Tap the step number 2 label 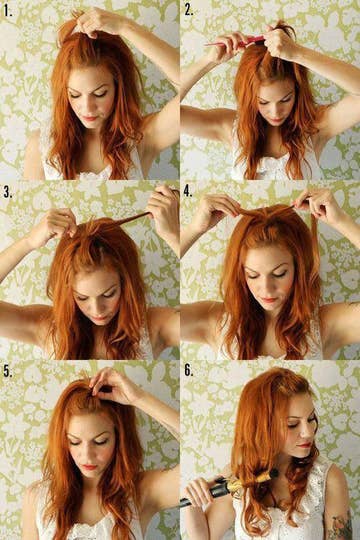188,10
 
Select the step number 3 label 7,190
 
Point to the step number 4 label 188,190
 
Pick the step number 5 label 7,369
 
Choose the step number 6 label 188,369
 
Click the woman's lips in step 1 91,117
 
